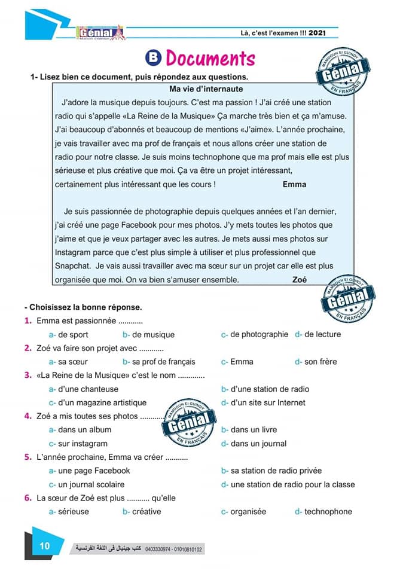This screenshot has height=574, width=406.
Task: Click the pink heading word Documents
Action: point(210,59)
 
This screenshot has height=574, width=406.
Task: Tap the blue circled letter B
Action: point(154,58)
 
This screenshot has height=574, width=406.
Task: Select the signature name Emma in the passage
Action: point(294,184)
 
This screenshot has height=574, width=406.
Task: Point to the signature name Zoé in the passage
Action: point(300,279)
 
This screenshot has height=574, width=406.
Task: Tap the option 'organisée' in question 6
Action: point(248,512)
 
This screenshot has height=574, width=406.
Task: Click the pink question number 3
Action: point(28,375)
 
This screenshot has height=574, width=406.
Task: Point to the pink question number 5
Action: point(28,457)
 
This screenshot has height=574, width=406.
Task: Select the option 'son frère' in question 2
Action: point(320,362)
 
